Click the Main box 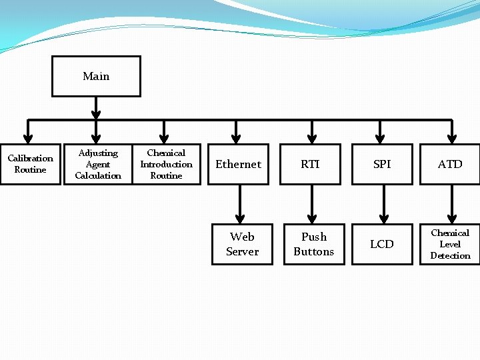(96, 76)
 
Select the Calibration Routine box (30, 164)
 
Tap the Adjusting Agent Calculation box (98, 164)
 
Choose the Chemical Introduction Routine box (166, 164)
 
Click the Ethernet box (239, 164)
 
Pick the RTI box (310, 164)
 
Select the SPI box (382, 164)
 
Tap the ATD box (450, 164)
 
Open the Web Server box (242, 244)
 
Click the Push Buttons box (314, 244)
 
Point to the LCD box (382, 244)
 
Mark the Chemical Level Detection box (450, 244)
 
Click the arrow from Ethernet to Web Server (240, 203)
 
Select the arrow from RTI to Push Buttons (312, 203)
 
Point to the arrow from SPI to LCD (383, 203)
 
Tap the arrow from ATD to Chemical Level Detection (452, 203)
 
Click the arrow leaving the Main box (96, 107)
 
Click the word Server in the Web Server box (242, 251)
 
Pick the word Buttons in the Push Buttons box (314, 251)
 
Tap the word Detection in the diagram (450, 255)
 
